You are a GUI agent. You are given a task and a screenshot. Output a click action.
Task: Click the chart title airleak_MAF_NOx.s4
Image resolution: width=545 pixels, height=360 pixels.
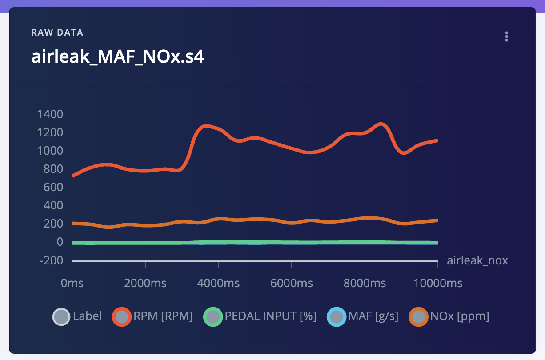coord(117,57)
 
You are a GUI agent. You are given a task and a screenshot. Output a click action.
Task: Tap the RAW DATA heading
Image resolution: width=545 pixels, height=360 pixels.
coord(57,32)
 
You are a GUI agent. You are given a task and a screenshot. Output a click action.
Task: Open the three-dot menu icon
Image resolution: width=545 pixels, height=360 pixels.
coord(506,36)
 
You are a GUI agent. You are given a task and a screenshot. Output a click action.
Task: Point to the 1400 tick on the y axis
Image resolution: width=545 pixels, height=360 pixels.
coord(50,115)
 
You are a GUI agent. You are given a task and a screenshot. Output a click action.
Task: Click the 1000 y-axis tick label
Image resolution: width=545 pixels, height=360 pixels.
coord(50,151)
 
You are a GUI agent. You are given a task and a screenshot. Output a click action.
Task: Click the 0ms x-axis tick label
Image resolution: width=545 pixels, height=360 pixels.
coord(72,283)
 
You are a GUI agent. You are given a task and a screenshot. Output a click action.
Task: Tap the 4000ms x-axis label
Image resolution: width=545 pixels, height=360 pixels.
coord(218,283)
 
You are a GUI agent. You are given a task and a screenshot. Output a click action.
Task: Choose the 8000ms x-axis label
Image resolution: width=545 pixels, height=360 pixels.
coord(365,283)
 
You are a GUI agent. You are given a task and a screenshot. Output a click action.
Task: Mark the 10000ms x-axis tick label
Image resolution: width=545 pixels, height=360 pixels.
coord(438,283)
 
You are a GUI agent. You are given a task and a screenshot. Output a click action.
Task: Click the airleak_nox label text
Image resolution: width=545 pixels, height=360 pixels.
coord(477,260)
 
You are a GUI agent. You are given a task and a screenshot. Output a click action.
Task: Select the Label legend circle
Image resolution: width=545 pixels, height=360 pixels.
coord(61,317)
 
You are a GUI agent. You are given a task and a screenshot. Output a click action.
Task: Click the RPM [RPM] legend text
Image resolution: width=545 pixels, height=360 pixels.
coord(163,316)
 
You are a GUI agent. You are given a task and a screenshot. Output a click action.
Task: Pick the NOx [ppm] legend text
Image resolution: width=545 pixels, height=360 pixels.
coord(460,316)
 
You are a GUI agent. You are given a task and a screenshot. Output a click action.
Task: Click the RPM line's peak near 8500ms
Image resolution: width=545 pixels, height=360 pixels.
coord(381,124)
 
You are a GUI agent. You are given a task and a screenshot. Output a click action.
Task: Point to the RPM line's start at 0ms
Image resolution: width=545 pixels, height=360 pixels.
coord(73,176)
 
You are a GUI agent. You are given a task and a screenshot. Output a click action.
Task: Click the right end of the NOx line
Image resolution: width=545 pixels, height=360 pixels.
coord(437,220)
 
